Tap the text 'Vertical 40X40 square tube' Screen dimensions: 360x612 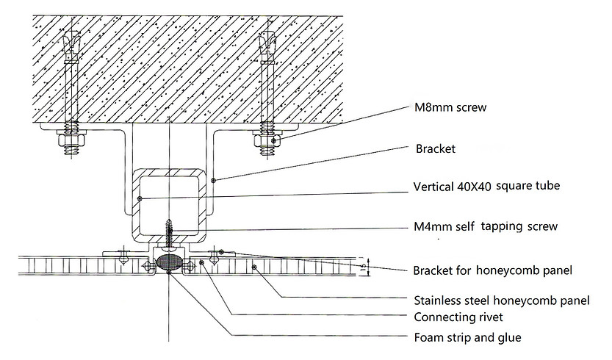[487, 186]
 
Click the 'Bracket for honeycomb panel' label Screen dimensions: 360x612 [492, 270]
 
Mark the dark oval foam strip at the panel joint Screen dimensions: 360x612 [170, 262]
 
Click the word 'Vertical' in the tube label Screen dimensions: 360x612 [434, 186]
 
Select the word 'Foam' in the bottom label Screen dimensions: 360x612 [429, 338]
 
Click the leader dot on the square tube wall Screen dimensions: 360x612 [140, 198]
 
